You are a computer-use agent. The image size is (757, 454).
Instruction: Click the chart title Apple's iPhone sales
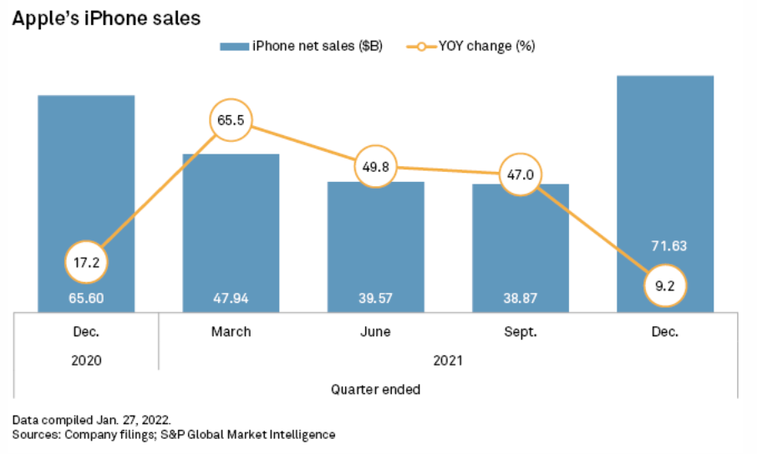(106, 17)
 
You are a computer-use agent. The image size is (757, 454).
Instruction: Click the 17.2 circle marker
(86, 262)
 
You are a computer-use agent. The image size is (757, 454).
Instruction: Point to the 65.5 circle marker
(231, 121)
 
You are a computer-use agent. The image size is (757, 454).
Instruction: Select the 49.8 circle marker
(375, 167)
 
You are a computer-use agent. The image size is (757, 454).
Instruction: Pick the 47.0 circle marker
(521, 175)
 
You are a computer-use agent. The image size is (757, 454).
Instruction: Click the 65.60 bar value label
(86, 296)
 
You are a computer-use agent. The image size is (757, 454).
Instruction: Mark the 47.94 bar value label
(231, 296)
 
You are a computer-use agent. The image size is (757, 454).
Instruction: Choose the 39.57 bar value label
(375, 296)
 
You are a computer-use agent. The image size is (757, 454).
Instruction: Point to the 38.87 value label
(521, 296)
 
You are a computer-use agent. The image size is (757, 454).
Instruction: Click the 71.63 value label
(665, 246)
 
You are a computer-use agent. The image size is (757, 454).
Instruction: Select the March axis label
(231, 332)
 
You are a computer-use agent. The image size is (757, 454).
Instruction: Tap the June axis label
(375, 332)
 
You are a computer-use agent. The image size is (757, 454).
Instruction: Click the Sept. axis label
(521, 332)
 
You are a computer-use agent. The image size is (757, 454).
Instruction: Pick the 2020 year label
(86, 361)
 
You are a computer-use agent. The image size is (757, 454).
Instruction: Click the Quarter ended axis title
(375, 389)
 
